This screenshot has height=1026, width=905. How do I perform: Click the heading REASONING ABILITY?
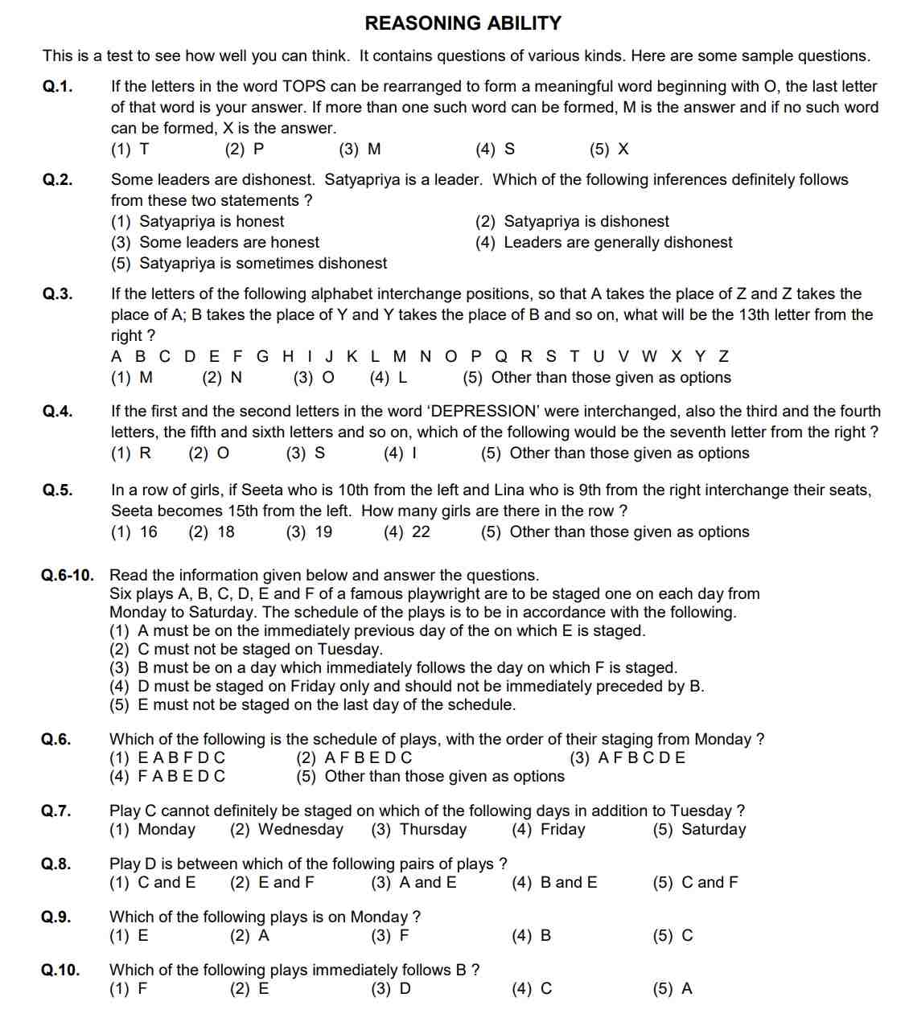463,23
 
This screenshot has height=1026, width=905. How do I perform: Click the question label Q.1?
57,87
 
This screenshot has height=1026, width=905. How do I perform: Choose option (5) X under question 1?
609,150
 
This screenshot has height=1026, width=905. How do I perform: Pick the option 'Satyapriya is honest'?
211,222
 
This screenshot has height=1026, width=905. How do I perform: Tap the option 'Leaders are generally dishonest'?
617,243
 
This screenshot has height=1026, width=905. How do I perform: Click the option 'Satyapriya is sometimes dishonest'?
262,264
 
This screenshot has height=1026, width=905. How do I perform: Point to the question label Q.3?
57,294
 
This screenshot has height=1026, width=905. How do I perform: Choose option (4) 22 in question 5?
407,532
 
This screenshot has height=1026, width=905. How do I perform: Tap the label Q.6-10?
68,576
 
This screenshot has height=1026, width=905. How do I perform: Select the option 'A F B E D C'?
368,758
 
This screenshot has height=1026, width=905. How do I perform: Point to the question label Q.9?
56,917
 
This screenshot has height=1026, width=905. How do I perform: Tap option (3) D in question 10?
391,989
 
